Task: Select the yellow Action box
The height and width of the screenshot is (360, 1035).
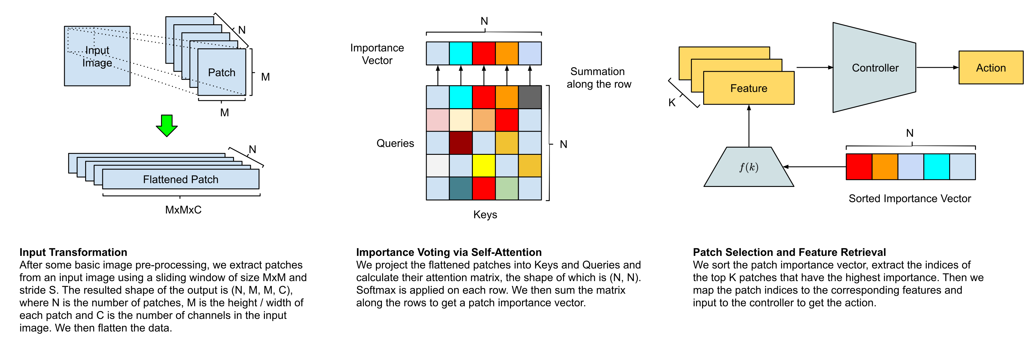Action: tap(991, 67)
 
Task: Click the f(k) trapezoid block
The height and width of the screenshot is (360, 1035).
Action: tap(749, 167)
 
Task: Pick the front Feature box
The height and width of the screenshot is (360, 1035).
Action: tap(749, 88)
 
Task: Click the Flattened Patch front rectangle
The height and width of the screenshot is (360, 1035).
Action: tap(181, 179)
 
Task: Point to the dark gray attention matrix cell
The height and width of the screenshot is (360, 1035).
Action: tap(530, 97)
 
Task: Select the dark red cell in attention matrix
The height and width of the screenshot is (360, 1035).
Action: tap(461, 143)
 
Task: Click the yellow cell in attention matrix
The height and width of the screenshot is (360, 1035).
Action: tap(484, 166)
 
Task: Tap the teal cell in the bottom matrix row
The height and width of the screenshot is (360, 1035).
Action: tap(461, 189)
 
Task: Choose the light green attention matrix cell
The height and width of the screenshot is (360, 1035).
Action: tap(507, 189)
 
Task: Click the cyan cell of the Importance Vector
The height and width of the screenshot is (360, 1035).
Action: tap(461, 53)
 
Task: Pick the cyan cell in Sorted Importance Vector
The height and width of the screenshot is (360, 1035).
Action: tap(937, 167)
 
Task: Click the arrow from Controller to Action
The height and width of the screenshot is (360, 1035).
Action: tap(937, 67)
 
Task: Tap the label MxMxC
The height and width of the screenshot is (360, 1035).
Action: tap(183, 210)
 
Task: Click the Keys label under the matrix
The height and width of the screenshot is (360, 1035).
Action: tap(485, 214)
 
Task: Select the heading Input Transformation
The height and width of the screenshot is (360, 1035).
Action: tap(73, 252)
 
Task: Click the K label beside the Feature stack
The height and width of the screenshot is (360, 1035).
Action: tap(672, 103)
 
